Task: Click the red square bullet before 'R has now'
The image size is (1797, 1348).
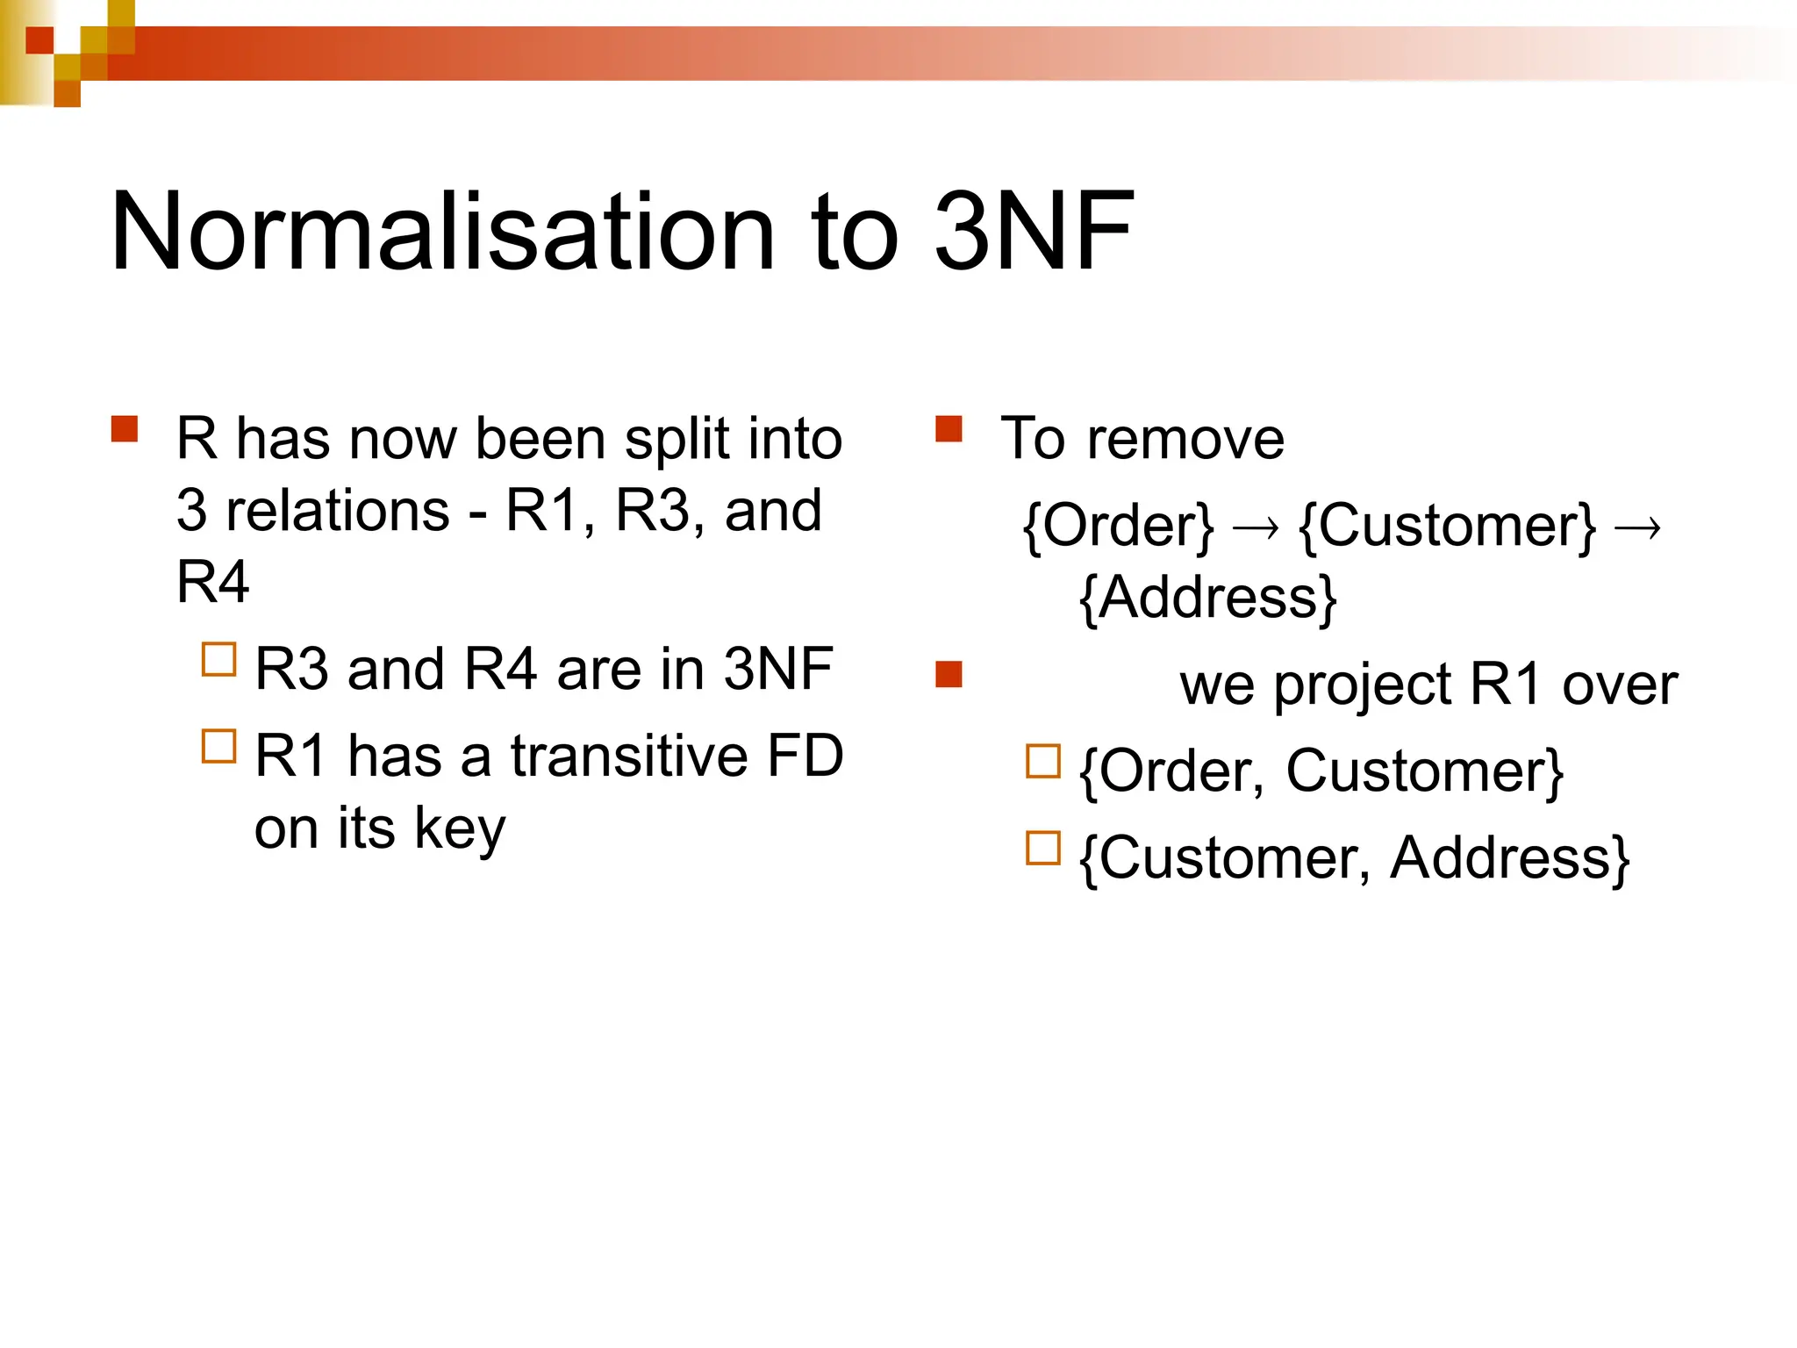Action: (x=125, y=429)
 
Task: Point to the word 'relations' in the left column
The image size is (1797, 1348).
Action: (x=338, y=511)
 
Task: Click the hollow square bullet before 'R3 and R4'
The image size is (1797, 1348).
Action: (x=218, y=660)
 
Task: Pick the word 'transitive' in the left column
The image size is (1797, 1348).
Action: (x=629, y=756)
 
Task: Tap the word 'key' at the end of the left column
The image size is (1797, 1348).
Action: (x=460, y=829)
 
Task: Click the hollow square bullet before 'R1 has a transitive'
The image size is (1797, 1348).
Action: (x=218, y=746)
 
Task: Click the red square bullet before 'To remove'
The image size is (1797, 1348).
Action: (x=949, y=429)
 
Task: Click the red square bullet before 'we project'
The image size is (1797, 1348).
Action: (x=949, y=675)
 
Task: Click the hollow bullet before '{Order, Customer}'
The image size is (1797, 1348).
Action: (x=1043, y=762)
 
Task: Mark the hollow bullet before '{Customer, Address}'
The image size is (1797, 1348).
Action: (x=1043, y=848)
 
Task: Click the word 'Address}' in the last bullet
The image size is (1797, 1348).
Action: (x=1510, y=858)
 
